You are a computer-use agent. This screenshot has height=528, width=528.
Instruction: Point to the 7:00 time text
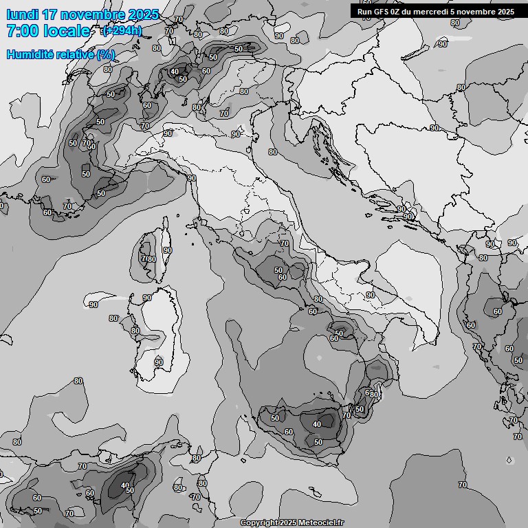point(22,31)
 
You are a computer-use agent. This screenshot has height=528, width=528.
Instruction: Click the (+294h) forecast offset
point(122,30)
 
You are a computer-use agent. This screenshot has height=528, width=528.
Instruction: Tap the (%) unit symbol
point(106,54)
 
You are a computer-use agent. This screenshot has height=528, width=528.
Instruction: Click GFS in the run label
point(382,12)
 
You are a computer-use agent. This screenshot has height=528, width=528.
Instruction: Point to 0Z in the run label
point(397,12)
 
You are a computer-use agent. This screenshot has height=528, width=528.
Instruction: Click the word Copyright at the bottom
point(259,523)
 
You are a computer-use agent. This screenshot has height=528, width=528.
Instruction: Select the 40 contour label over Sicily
point(317,424)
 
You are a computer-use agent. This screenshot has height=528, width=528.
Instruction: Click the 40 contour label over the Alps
point(175,71)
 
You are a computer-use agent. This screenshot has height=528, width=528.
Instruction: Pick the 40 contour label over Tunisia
point(124,485)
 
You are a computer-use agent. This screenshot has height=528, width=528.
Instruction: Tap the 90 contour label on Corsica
point(167,250)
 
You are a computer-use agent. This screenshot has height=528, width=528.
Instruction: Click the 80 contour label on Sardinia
point(135,331)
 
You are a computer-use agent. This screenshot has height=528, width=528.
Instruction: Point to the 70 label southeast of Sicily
point(463,485)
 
